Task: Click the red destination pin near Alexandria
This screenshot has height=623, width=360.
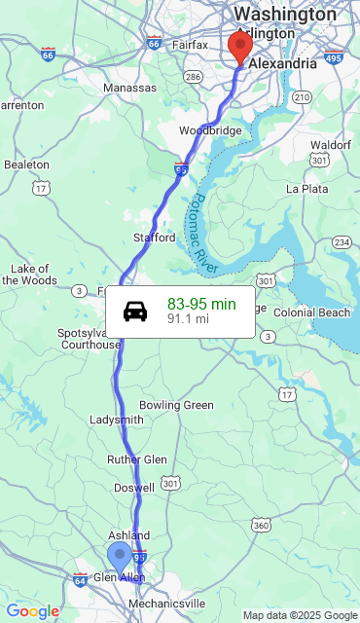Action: point(239,47)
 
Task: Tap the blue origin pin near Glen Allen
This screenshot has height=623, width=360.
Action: point(120,558)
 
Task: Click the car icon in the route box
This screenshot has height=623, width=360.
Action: point(135,311)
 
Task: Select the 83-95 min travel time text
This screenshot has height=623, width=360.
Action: point(201,304)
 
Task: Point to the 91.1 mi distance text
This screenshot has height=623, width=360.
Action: point(188,318)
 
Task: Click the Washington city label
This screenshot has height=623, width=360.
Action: point(285,15)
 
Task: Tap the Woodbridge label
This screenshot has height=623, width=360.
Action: point(210,130)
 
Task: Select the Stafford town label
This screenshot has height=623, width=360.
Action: point(155,238)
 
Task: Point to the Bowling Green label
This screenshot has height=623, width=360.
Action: point(176,405)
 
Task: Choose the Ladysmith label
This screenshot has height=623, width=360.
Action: point(116,420)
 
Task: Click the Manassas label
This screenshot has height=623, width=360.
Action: point(129,88)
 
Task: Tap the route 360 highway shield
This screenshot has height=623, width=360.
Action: point(261,526)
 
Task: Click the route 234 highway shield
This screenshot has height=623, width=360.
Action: point(342,241)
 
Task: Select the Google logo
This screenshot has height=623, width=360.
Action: point(32,611)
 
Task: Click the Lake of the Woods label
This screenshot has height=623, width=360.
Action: point(29,275)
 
